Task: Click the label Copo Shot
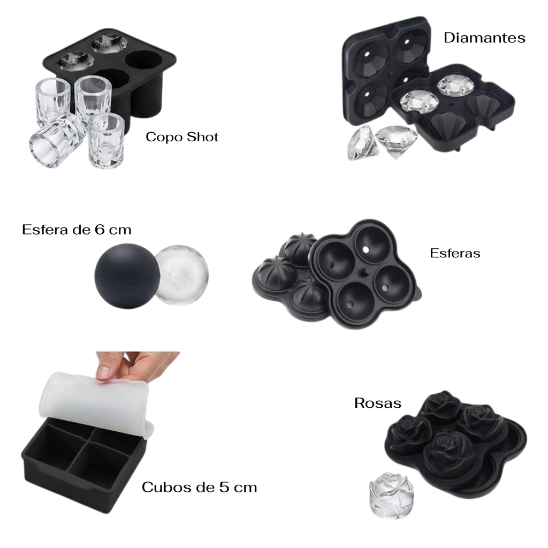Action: tap(182, 137)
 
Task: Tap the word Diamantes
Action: tap(484, 38)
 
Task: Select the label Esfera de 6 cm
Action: tap(77, 230)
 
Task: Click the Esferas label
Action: tap(455, 253)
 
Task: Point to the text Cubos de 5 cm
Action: tap(199, 487)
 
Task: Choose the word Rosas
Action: tap(378, 403)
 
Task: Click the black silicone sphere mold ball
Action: tap(127, 276)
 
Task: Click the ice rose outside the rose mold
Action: tap(391, 496)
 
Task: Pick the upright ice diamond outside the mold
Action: tap(397, 141)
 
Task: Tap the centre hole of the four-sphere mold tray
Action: tap(366, 271)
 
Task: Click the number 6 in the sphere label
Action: tap(99, 230)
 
